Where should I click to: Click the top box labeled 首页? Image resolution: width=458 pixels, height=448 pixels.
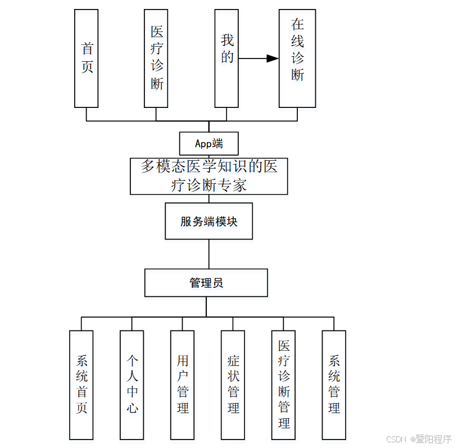[x=87, y=58]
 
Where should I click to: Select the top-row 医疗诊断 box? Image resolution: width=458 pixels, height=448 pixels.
[x=156, y=58]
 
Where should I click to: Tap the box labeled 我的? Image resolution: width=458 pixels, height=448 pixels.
[x=226, y=58]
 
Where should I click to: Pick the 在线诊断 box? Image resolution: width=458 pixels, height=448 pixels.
[x=297, y=58]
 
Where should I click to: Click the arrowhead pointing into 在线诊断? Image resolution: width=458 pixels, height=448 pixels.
[x=273, y=58]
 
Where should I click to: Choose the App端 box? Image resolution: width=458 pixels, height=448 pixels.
[x=209, y=143]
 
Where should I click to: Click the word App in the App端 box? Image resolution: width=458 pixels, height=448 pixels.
[x=203, y=144]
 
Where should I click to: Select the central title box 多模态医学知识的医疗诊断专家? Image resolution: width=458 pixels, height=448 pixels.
[x=209, y=176]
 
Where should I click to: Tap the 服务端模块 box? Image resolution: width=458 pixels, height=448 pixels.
[x=209, y=221]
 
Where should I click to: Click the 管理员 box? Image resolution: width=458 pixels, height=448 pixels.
[x=206, y=283]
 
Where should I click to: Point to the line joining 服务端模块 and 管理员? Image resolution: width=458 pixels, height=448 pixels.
[x=209, y=254]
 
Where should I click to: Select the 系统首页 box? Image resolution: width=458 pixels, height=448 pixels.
[x=81, y=384]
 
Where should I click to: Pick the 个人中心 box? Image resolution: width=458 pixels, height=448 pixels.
[x=132, y=384]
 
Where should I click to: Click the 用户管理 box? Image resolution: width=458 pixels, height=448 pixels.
[x=183, y=384]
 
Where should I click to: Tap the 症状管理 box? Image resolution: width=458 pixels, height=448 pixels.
[x=233, y=384]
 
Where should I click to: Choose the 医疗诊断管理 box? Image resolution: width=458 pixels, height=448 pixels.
[x=284, y=384]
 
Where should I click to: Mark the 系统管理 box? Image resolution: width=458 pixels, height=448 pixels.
[x=334, y=384]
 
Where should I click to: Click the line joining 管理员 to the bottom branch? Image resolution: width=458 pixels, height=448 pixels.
[x=206, y=307]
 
